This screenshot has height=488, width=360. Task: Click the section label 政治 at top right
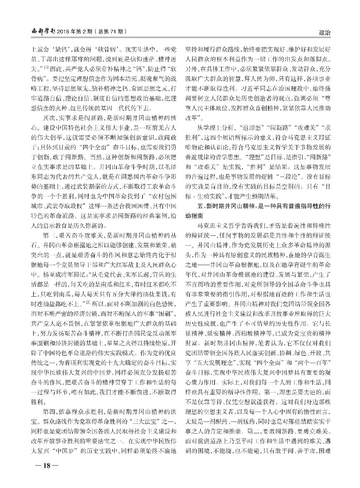pyautogui.click(x=325, y=33)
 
